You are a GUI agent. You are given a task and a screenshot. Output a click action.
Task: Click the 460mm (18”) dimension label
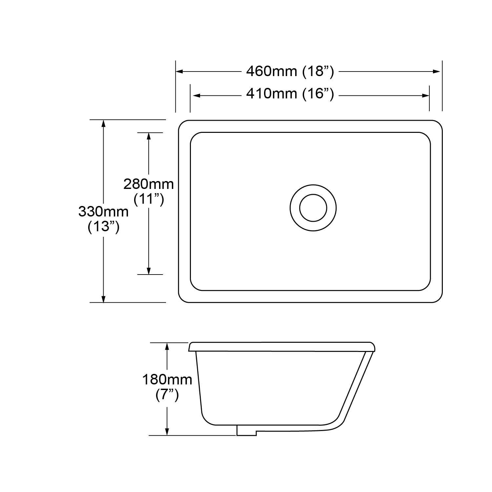click(x=290, y=71)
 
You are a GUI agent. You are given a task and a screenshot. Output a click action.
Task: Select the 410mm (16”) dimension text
click(x=290, y=94)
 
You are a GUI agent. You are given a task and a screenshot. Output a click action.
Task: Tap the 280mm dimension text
click(x=149, y=184)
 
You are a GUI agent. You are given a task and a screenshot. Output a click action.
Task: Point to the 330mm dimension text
click(x=103, y=212)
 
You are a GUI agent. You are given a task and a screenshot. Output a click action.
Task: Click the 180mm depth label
click(x=167, y=380)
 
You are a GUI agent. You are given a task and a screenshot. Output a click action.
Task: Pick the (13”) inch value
click(x=103, y=227)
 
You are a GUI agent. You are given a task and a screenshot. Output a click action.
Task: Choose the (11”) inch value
click(x=149, y=199)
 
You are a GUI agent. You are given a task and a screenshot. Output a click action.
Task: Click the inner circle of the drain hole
click(x=313, y=208)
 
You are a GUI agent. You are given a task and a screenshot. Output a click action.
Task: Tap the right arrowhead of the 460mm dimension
click(x=437, y=72)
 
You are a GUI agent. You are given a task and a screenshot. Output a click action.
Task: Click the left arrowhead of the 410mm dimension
click(x=196, y=95)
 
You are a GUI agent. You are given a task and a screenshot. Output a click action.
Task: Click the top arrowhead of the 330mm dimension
click(x=103, y=123)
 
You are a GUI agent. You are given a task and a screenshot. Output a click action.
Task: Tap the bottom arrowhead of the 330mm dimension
click(x=103, y=299)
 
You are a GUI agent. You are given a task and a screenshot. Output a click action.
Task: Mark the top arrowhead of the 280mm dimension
click(x=149, y=136)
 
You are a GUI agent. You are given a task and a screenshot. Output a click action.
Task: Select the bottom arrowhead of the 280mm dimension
click(x=149, y=271)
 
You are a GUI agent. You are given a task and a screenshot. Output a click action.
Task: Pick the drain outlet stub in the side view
click(x=246, y=430)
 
